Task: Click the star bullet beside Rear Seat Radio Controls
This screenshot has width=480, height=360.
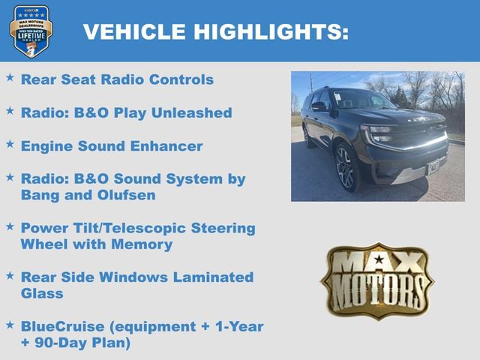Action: coord(10,77)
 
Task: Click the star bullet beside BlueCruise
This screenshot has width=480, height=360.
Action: coord(10,325)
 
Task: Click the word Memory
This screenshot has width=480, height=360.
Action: coord(147,244)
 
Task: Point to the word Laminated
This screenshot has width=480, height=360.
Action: coord(217,277)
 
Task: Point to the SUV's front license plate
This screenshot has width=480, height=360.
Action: coord(433,166)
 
